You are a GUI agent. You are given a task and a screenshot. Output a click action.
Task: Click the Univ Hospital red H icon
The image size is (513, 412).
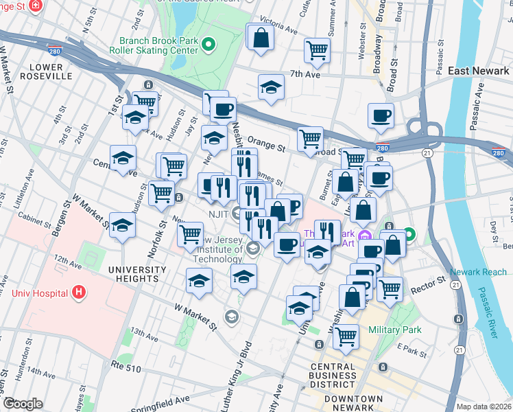[79, 293]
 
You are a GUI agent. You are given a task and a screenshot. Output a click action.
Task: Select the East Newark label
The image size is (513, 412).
[477, 71]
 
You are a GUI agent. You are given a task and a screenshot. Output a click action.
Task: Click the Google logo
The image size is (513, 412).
[23, 404]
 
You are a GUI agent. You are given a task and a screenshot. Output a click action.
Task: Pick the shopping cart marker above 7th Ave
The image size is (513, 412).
[317, 49]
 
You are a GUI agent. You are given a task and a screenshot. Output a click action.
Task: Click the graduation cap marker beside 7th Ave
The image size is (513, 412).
[272, 87]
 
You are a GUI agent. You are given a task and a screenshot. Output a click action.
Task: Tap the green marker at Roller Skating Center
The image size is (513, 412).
[211, 45]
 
